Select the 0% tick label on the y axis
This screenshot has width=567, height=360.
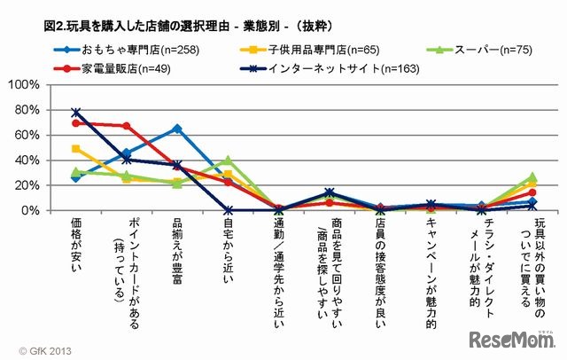[x=30, y=210]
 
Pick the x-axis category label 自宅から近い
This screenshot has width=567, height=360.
[x=228, y=245]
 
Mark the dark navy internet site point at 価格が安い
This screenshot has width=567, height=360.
[x=76, y=113]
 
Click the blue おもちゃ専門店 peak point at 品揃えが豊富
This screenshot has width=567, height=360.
[x=177, y=129]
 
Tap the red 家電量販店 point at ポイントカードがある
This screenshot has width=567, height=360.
[x=127, y=126]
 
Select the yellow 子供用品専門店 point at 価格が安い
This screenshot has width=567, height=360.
[x=76, y=149]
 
